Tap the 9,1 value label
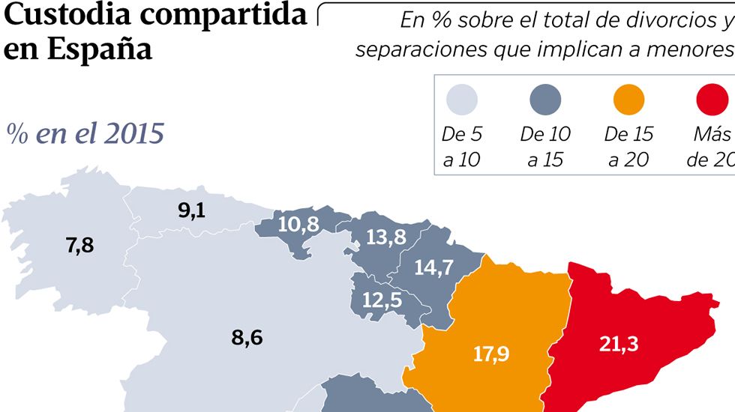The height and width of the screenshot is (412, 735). click(x=191, y=210)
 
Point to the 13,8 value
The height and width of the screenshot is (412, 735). click(x=387, y=237)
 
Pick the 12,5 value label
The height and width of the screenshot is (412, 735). click(x=382, y=300)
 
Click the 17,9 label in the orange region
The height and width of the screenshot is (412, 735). click(x=491, y=353)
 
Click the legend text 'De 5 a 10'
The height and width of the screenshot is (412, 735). click(x=462, y=147)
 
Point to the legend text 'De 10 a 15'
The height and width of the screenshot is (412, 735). click(x=545, y=147)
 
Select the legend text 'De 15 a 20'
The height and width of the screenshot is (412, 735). click(x=628, y=147)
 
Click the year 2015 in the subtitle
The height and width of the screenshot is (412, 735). click(x=134, y=134)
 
